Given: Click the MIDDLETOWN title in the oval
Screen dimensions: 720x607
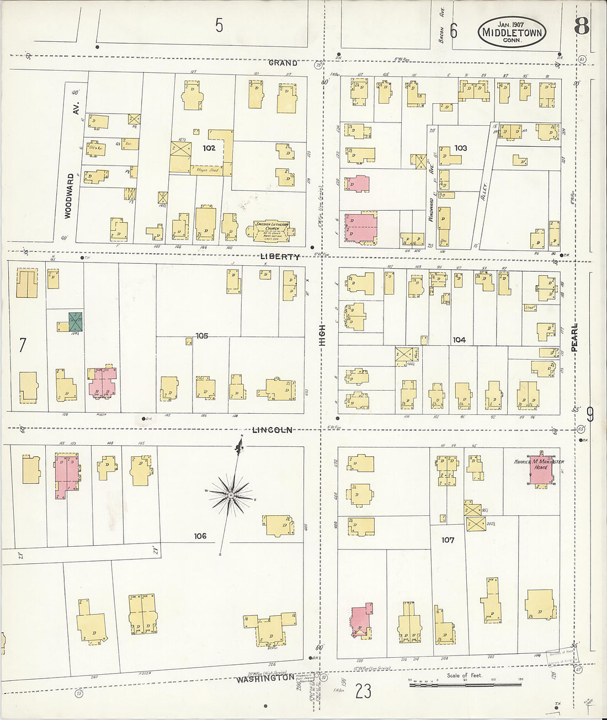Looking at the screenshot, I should click(x=512, y=32).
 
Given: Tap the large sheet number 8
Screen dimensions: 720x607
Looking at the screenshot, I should click(x=581, y=25).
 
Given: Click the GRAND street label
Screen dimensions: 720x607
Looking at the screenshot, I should click(x=283, y=63).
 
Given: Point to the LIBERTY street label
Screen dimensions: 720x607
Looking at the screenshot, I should click(x=280, y=257).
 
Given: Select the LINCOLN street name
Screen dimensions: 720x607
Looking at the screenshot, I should click(x=272, y=430).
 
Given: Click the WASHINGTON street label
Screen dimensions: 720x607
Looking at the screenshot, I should click(x=265, y=678).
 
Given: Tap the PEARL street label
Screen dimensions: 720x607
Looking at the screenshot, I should click(x=574, y=338).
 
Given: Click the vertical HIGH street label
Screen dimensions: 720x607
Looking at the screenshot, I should click(x=322, y=335).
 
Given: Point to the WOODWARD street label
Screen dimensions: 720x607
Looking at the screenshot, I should click(x=68, y=196).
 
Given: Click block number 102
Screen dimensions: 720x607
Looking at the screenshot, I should click(x=209, y=148).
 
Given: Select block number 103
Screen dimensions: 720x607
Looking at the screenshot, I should click(x=460, y=148).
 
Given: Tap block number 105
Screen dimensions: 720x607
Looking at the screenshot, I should click(x=201, y=335).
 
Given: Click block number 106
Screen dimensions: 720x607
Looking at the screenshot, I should click(x=200, y=536).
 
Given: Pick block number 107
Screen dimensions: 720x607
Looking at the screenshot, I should click(x=448, y=540).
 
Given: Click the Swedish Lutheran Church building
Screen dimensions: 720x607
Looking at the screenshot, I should click(x=271, y=231).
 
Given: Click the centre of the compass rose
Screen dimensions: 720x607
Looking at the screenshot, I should click(x=230, y=495).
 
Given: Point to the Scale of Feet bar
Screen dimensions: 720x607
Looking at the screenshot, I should click(x=465, y=685).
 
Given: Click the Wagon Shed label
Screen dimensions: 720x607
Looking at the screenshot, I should click(x=207, y=170).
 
